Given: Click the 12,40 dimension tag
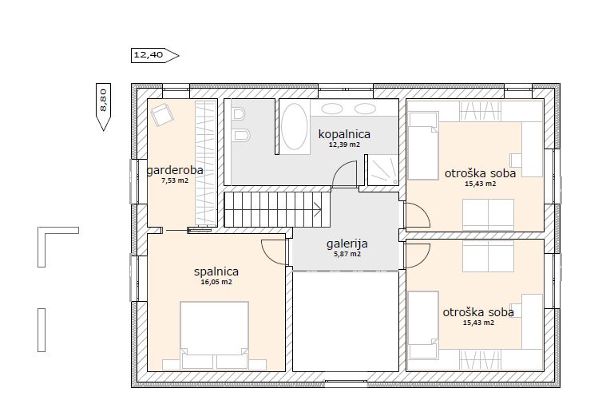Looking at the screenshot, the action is point(155,55).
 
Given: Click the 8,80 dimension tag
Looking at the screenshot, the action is point(103,106).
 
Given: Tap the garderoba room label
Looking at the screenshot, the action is point(175,171).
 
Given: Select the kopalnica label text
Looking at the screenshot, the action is point(344,135).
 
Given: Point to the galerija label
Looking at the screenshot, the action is point(347,244).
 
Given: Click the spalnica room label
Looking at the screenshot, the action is point(216,271).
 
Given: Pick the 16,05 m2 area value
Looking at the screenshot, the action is point(216,282).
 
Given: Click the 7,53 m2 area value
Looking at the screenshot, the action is point(175,180).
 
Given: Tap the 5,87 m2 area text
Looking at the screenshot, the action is point(347,254).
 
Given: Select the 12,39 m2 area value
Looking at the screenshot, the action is point(344,145).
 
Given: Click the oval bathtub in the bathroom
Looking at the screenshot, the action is point(295,126).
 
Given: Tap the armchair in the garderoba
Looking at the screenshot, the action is point(162,114).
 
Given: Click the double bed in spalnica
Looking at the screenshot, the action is point(214,335).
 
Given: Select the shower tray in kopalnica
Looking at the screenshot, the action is point(382,170).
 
